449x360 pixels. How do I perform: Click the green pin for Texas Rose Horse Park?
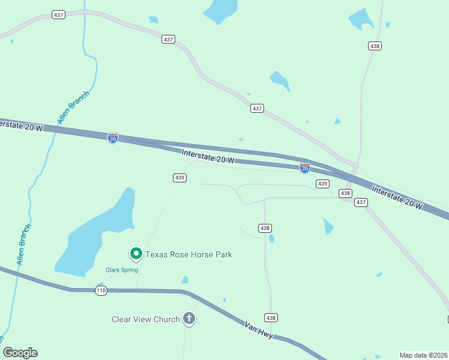(136, 254)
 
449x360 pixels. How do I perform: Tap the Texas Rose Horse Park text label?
(188, 254)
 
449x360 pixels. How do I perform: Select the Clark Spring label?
(122, 270)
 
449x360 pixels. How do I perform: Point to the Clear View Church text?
(146, 319)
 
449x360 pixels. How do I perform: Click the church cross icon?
(189, 319)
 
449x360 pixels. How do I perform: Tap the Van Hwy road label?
(259, 330)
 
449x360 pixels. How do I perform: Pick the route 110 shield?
(100, 290)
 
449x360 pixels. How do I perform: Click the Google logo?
(20, 353)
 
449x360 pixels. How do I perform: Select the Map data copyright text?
(423, 355)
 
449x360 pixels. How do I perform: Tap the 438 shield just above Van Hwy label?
(271, 317)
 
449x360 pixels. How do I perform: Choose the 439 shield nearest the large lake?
(179, 178)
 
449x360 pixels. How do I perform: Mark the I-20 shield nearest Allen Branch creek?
(113, 138)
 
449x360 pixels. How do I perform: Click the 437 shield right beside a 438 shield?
(360, 202)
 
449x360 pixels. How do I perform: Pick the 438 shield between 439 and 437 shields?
(345, 193)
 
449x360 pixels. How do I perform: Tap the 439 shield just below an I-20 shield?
(322, 184)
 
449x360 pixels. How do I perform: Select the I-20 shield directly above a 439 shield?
(305, 169)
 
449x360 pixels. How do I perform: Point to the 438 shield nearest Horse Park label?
(265, 228)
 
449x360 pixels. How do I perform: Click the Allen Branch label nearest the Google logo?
(24, 245)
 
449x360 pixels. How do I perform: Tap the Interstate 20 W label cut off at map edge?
(22, 125)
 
